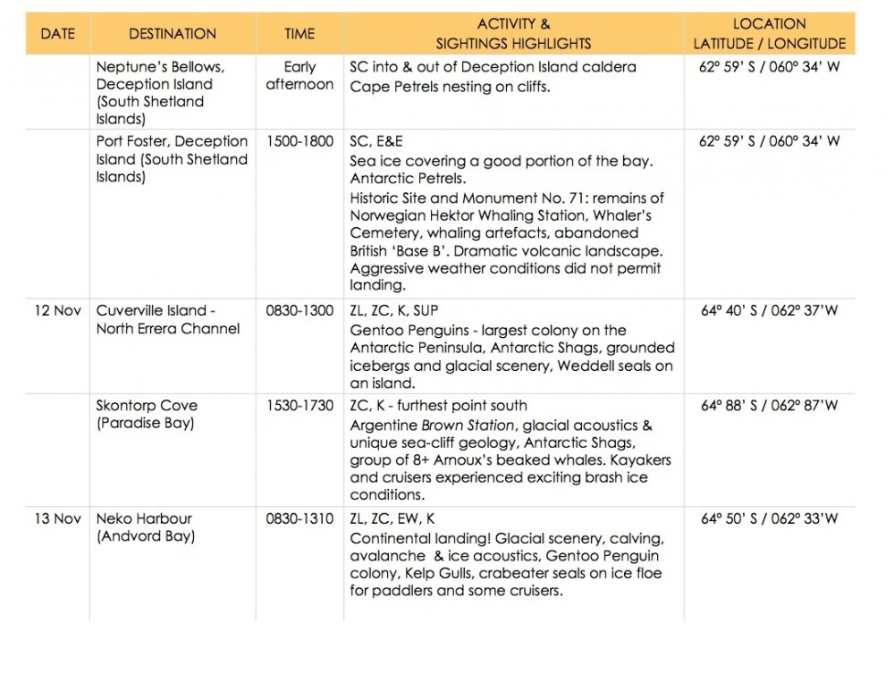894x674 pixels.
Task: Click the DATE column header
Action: (57, 34)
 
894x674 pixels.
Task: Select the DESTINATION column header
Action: (173, 34)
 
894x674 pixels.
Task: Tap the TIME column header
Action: (299, 34)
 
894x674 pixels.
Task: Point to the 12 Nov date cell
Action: (57, 311)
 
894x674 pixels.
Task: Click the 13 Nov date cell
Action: (57, 518)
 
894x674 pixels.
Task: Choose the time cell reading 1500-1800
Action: (299, 141)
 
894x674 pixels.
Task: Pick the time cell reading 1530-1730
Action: (299, 406)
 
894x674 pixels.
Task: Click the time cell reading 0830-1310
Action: (299, 518)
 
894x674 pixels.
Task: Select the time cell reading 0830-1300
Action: (299, 311)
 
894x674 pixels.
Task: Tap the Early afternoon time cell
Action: (299, 75)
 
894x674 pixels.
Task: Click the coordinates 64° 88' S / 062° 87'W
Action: (769, 406)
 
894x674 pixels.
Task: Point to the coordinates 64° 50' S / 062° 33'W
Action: (769, 518)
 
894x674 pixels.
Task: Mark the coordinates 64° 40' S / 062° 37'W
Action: (769, 311)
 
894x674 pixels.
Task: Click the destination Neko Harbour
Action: (144, 518)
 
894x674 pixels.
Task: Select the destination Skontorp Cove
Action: (148, 406)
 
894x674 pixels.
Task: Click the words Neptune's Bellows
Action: (160, 67)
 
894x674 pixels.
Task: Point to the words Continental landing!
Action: (420, 539)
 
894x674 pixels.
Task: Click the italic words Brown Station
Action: (468, 425)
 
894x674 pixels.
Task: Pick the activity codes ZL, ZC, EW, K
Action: (392, 518)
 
